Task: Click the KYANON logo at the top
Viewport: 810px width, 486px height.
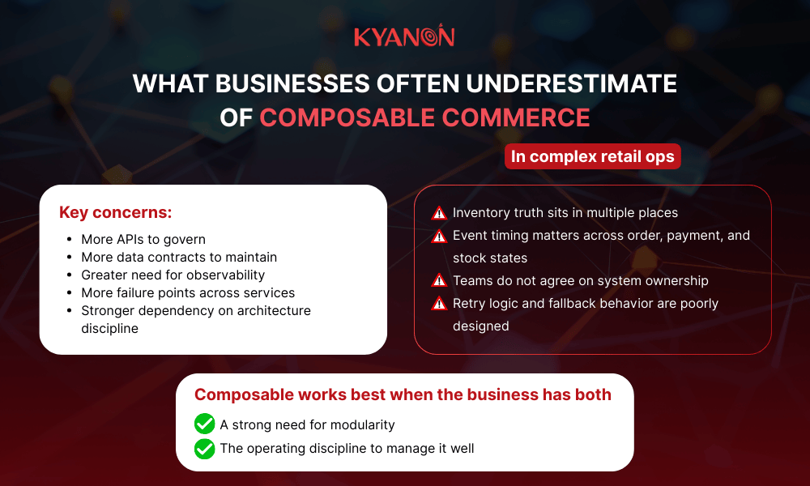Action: [404, 36]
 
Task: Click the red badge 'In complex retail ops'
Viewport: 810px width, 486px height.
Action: [592, 156]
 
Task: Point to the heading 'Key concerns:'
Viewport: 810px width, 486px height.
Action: [115, 213]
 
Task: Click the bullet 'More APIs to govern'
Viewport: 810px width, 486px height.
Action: [143, 239]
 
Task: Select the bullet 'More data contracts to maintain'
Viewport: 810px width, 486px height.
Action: [179, 257]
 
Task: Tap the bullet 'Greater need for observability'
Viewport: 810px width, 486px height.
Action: [173, 275]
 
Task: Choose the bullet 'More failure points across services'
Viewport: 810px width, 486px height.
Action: [188, 292]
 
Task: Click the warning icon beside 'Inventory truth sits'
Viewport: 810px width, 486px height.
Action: [439, 213]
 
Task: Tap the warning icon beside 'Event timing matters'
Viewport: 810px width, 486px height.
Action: [439, 236]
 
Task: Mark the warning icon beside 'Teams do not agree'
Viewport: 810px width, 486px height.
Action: [439, 280]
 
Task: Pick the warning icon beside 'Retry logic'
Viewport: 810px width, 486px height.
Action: [439, 304]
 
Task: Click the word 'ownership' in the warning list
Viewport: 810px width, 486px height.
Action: [676, 280]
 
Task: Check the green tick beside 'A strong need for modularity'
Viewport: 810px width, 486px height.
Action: [204, 424]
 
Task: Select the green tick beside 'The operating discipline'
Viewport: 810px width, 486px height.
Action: [204, 448]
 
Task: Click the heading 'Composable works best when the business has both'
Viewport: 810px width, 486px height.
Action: [403, 395]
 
